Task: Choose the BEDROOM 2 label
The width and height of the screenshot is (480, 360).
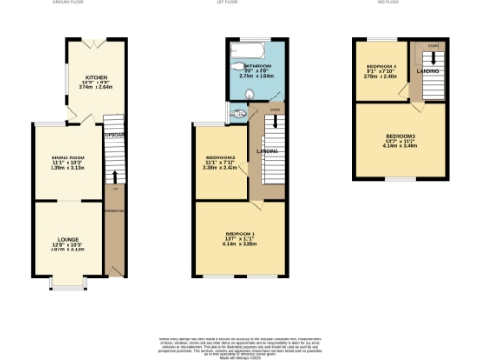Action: click(x=220, y=157)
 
